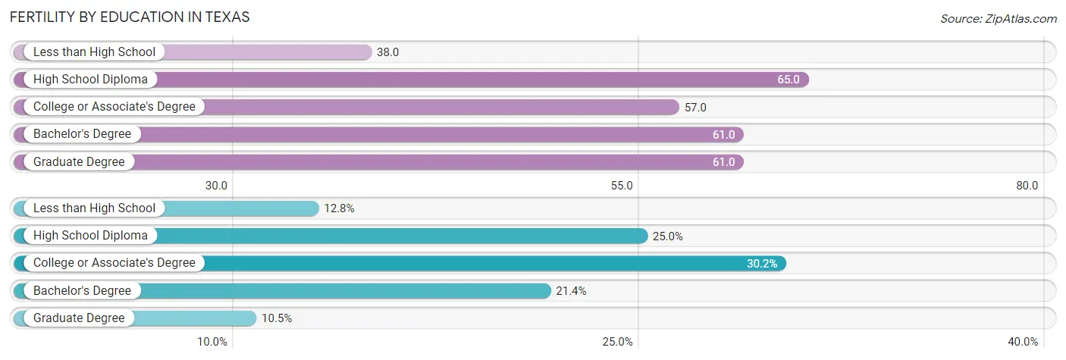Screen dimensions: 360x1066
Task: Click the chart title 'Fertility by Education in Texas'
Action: pos(130,17)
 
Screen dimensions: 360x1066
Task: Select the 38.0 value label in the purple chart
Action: pos(388,52)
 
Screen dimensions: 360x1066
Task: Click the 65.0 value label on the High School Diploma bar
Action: pos(788,80)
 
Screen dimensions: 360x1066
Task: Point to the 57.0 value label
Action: pos(695,108)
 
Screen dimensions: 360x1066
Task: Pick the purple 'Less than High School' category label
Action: pos(94,52)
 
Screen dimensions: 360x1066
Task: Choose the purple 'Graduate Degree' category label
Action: pos(79,161)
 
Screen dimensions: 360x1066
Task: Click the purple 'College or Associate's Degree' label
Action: pos(114,107)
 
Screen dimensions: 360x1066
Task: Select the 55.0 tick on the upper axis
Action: pos(622,186)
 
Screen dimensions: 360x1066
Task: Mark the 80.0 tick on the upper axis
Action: pos(1027,186)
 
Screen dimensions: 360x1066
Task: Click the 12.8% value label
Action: pos(339,209)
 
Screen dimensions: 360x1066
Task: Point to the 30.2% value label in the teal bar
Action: pos(762,264)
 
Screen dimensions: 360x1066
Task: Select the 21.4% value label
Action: pos(571,291)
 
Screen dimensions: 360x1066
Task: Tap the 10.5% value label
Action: pos(277,318)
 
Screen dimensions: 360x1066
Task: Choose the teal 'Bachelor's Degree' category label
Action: pos(82,290)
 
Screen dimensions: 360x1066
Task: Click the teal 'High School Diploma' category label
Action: pos(90,236)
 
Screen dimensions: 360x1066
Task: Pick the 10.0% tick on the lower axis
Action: pos(212,342)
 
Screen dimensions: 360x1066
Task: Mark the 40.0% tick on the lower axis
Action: pos(1024,342)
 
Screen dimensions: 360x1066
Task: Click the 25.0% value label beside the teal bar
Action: pos(668,236)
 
